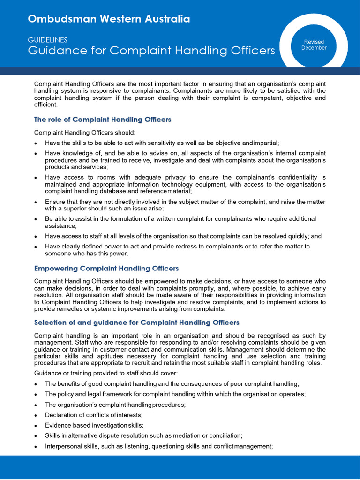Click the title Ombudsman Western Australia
(x=109, y=19)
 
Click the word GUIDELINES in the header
(x=47, y=40)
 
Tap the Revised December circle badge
(x=314, y=45)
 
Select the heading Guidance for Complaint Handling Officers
(x=151, y=51)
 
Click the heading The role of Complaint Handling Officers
(x=103, y=120)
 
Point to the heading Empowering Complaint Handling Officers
(x=106, y=269)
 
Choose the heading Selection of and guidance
(x=137, y=322)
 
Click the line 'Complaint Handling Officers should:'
(x=85, y=133)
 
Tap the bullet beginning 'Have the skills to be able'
(x=162, y=143)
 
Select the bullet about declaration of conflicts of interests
(x=94, y=415)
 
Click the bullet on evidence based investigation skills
(x=94, y=425)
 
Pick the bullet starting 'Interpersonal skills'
(x=158, y=446)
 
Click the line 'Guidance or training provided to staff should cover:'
(x=106, y=373)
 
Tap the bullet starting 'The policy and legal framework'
(x=175, y=394)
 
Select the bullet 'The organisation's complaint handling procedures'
(x=115, y=405)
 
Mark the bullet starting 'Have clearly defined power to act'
(x=177, y=250)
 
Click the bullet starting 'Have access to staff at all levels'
(x=183, y=236)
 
